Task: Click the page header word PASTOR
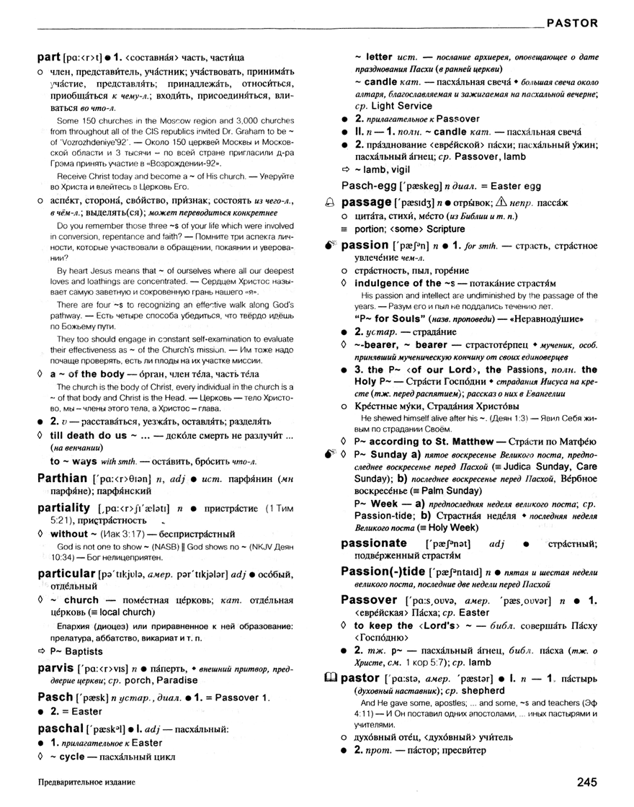click(x=572, y=22)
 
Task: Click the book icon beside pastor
click(x=331, y=677)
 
